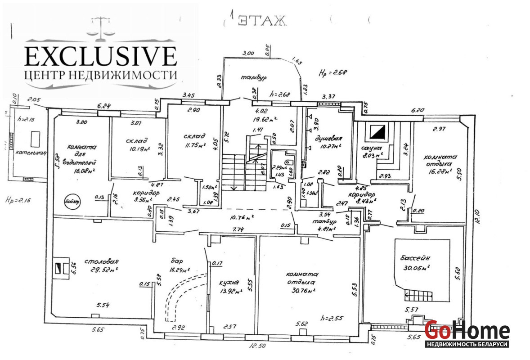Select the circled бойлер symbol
(71, 201)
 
